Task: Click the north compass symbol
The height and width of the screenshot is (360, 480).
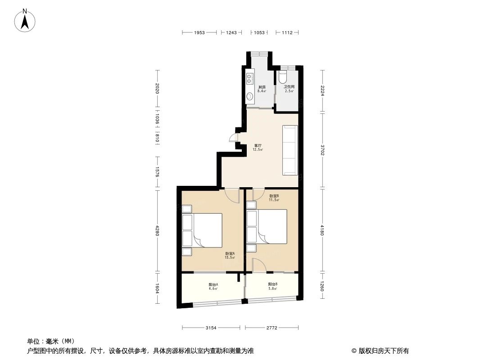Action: [25, 20]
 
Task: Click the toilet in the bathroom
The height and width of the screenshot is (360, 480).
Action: [282, 77]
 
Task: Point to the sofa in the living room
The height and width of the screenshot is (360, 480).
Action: [290, 150]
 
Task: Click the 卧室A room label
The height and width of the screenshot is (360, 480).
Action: [230, 256]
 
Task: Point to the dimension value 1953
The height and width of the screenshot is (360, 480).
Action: [199, 32]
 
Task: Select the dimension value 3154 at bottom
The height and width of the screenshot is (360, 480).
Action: [211, 328]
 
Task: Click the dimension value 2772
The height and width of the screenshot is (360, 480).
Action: [271, 328]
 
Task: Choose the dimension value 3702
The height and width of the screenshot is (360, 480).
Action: [322, 150]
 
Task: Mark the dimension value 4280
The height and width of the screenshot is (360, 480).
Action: [157, 231]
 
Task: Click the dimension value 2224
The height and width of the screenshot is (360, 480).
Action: [322, 91]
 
